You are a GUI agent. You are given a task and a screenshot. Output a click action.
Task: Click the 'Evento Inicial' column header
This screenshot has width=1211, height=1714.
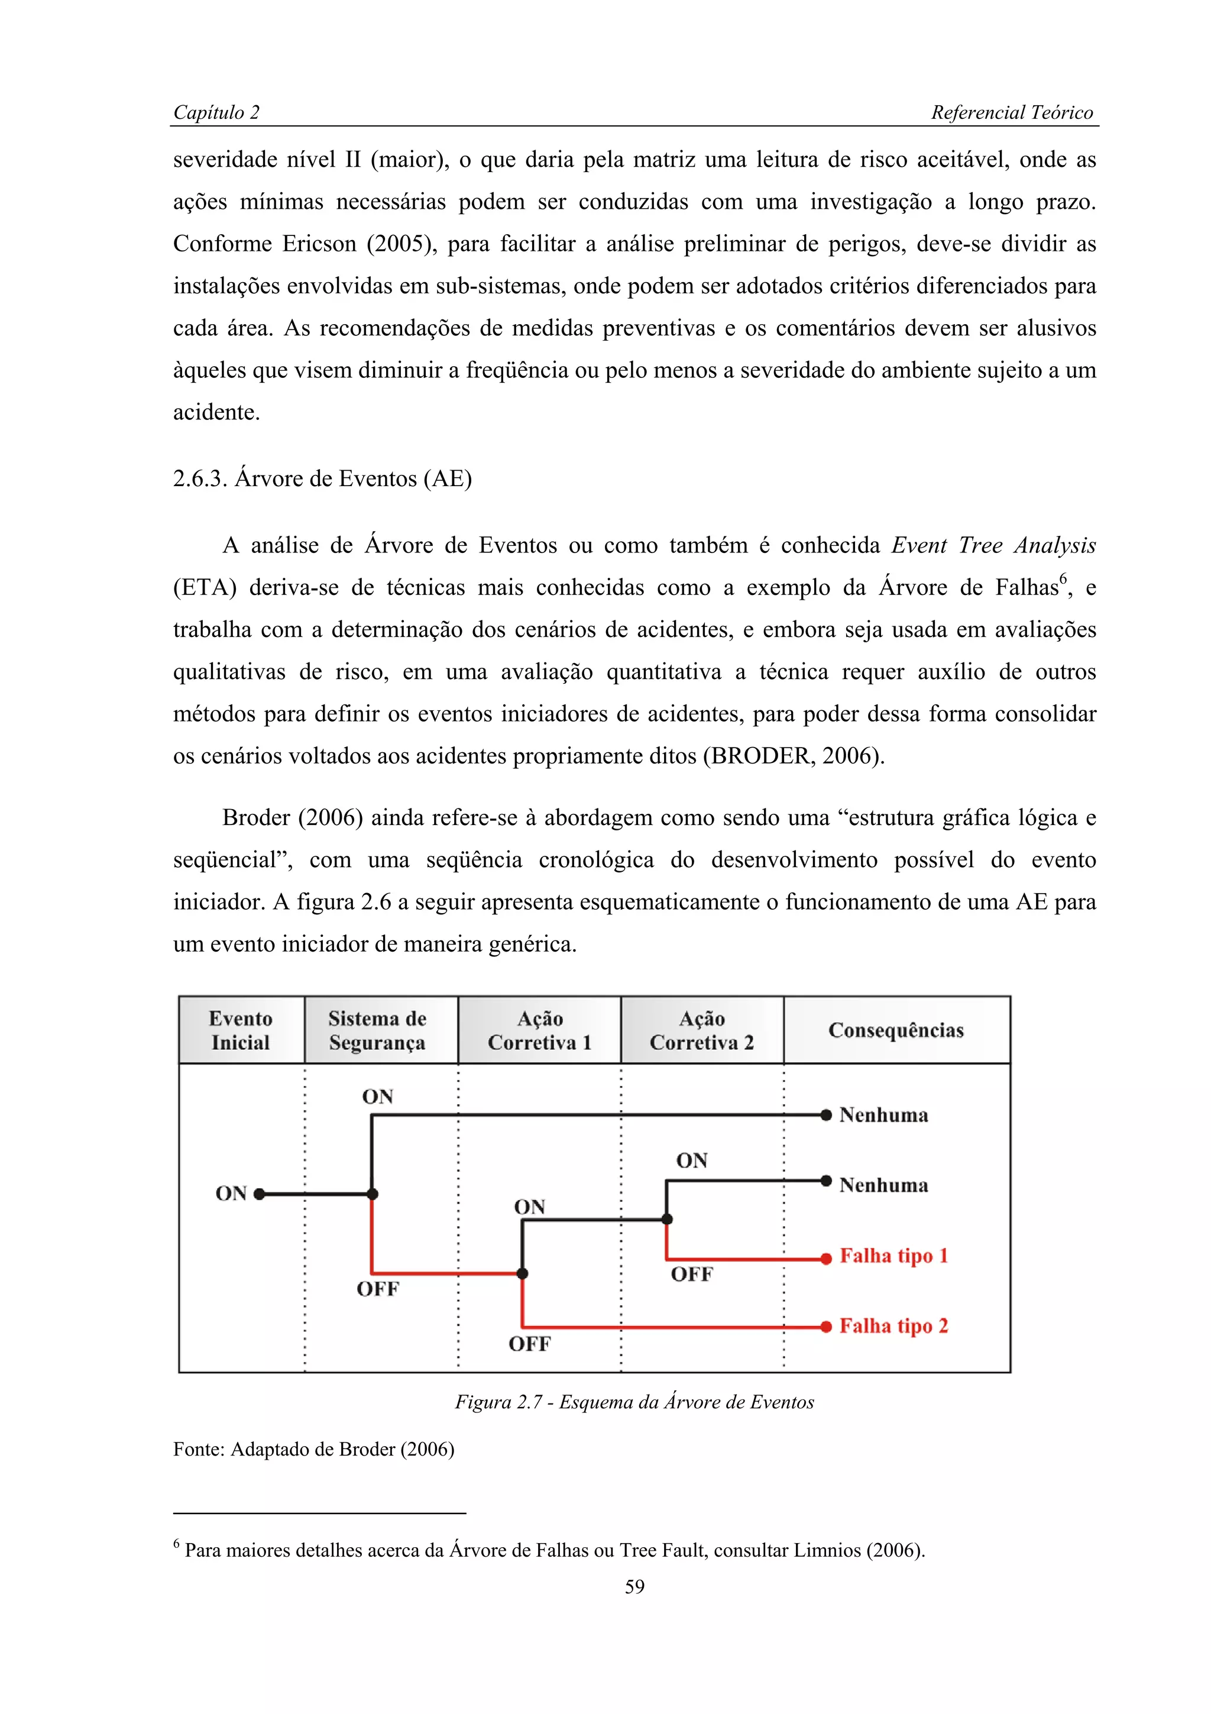[x=240, y=1030]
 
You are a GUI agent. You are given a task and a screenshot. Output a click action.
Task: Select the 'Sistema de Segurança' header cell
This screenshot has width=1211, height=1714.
[x=378, y=1030]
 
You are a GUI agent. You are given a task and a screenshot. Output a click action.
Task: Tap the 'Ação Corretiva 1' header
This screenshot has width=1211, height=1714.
[x=539, y=1030]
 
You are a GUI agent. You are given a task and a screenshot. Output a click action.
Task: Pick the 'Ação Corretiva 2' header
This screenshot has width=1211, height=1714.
[x=701, y=1030]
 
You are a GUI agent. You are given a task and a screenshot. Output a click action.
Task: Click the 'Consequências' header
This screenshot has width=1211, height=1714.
[x=895, y=1030]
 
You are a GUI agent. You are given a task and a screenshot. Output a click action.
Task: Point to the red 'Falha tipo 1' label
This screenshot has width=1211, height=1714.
[x=893, y=1256]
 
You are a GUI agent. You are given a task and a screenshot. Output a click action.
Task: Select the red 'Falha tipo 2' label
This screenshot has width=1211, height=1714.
[x=893, y=1326]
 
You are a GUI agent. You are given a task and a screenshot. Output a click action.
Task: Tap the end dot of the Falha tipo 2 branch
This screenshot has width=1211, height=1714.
[x=826, y=1327]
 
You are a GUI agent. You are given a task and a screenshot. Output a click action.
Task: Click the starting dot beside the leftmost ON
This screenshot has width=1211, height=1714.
[x=259, y=1194]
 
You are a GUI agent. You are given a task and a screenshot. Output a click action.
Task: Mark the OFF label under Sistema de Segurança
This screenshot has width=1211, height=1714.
[x=378, y=1289]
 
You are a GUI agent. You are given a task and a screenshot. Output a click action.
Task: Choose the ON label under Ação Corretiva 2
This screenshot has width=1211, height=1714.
[x=692, y=1161]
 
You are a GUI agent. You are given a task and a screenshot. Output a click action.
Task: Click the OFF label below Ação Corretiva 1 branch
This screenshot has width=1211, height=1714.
[x=530, y=1344]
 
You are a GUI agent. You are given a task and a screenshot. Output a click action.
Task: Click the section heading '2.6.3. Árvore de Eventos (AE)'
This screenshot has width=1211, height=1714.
[x=322, y=478]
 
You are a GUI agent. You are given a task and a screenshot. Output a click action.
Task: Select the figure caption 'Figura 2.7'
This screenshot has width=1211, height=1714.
[x=634, y=1402]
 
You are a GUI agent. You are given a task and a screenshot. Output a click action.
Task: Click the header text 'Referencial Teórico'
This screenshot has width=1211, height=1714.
[x=1011, y=113]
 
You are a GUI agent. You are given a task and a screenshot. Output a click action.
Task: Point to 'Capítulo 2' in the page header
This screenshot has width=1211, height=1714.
[x=216, y=113]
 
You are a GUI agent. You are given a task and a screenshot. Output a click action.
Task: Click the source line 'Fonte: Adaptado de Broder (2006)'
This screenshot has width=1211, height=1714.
[x=313, y=1449]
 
